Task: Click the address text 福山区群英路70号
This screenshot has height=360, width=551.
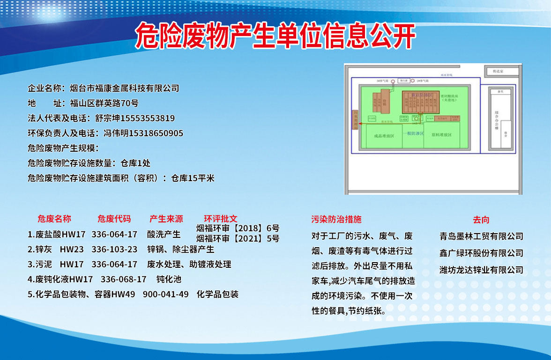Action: pos(104,103)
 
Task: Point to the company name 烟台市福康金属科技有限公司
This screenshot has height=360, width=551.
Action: pos(125,88)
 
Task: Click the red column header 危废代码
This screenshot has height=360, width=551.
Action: pos(114,219)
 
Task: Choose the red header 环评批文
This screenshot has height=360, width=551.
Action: pos(221,219)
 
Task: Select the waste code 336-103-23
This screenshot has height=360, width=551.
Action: pos(114,249)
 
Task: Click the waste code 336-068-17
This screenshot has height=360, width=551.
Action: pos(124,279)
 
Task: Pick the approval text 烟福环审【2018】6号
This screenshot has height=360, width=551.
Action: pos(238,228)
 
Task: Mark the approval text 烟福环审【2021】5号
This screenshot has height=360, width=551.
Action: pos(238,238)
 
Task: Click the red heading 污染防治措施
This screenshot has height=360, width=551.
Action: pos(336,219)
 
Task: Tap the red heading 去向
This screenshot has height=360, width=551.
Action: pos(481,220)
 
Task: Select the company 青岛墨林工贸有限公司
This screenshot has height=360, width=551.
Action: pos(481,236)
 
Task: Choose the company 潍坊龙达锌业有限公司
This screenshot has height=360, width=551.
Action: pos(481,270)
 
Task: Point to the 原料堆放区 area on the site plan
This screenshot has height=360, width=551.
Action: pos(441,135)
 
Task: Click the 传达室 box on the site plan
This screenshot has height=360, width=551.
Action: pos(501,72)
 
